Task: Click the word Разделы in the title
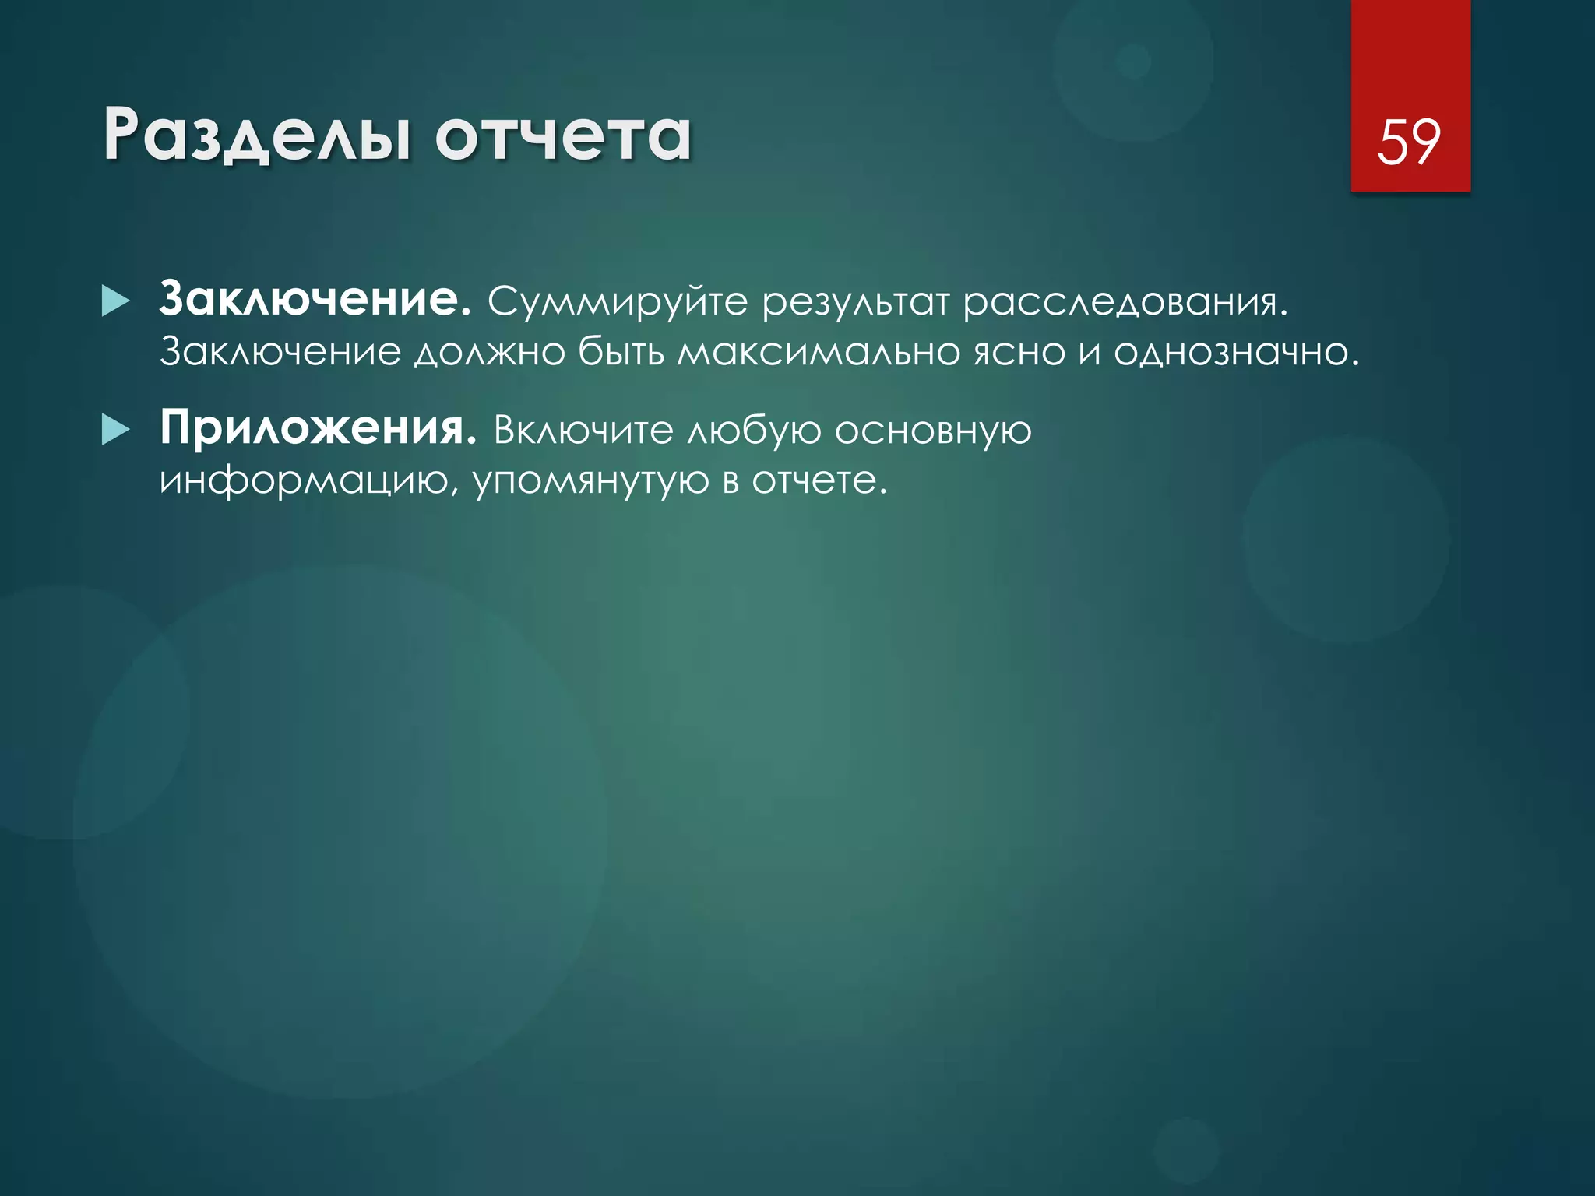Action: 257,136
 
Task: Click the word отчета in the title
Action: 562,136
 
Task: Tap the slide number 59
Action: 1409,142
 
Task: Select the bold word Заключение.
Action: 315,300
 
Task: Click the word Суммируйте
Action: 617,302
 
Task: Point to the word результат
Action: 855,302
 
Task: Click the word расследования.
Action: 1125,302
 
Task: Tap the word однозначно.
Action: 1236,352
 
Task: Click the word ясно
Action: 1019,352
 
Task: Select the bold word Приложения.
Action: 318,428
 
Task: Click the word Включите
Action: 583,430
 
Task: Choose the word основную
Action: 933,430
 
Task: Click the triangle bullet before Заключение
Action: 115,301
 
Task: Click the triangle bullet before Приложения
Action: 115,430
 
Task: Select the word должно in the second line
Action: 489,352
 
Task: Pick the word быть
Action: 621,352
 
